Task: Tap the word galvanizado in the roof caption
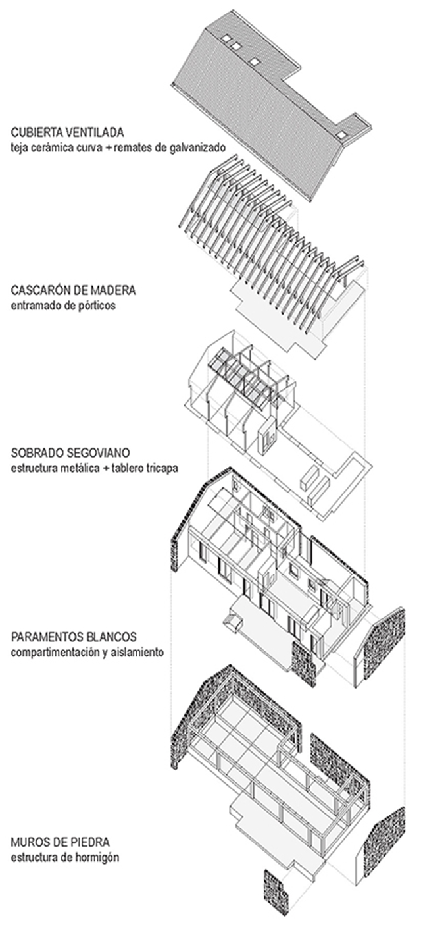[x=199, y=147]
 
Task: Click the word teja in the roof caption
[x=20, y=147]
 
